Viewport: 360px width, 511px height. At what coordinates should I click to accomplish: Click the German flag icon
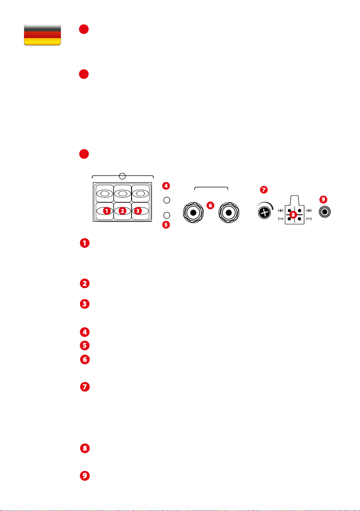[x=42, y=35]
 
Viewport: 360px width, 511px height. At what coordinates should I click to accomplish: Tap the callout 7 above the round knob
[x=264, y=189]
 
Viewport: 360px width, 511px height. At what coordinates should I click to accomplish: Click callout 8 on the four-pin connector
[x=293, y=213]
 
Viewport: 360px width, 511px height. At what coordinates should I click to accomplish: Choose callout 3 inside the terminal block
[x=138, y=211]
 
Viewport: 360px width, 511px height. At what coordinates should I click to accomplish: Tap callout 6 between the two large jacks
[x=210, y=205]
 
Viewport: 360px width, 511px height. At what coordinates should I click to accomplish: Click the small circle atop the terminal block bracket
[x=123, y=176]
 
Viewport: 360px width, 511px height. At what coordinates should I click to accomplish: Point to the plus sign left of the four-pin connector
[x=281, y=210]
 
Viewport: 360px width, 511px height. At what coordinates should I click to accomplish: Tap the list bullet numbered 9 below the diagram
[x=85, y=475]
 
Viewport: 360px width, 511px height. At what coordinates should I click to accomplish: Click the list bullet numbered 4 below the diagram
[x=85, y=331]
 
